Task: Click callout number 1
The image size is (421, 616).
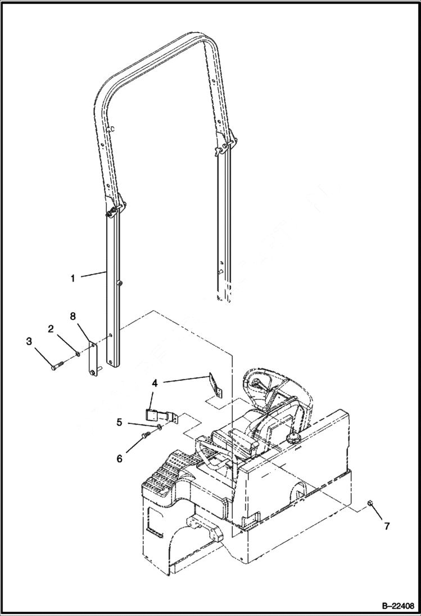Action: point(73,277)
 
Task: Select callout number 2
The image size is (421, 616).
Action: point(51,329)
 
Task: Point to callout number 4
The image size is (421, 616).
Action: point(154,383)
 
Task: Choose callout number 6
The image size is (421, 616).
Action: point(120,458)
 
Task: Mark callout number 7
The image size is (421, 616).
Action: point(386,526)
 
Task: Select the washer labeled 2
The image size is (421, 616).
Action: point(78,353)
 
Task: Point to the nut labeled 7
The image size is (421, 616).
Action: point(372,502)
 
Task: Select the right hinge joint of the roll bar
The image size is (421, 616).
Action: point(224,147)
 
